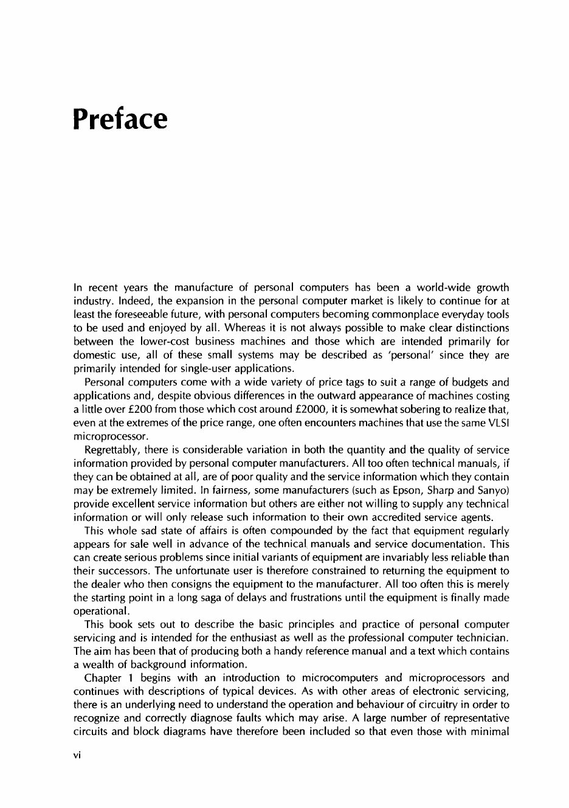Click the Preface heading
tap(119, 119)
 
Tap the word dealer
tap(105, 584)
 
